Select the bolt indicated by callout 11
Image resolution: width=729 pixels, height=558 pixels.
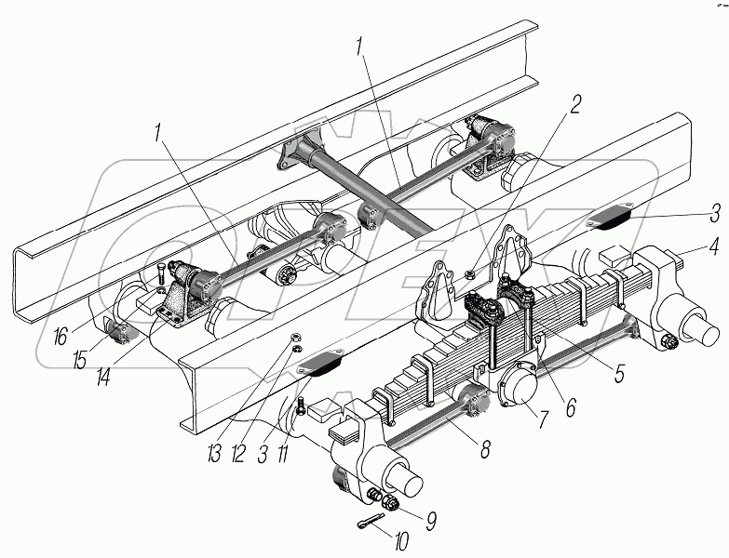(303, 406)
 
